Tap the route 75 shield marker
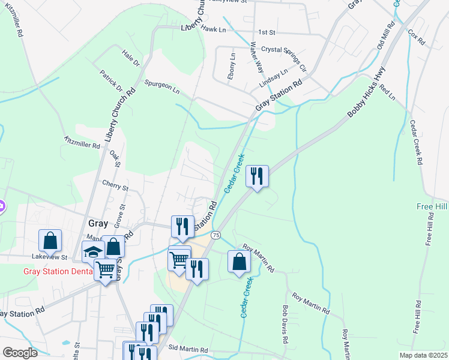pos(216,234)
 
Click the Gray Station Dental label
pos(58,271)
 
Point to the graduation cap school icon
pos(93,253)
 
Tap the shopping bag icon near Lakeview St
pos(50,241)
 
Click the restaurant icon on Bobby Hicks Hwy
pos(257,176)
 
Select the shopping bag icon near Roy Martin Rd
pos(239,262)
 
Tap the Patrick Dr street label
pos(112,80)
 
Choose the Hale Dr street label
pos(131,58)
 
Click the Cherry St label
pos(116,187)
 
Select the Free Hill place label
pos(433,206)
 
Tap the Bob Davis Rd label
pos(285,322)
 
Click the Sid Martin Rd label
pos(188,349)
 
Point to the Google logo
pos(20,353)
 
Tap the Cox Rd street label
pos(415,38)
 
